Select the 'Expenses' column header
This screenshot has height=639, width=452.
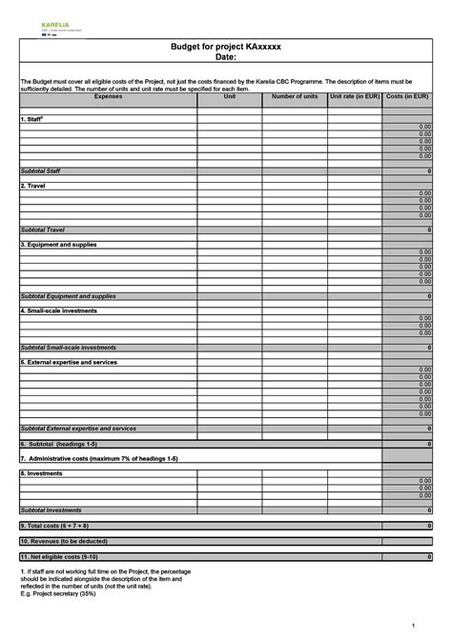108,96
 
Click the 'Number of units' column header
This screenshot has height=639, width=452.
295,96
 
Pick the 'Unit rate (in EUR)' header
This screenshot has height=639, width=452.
355,96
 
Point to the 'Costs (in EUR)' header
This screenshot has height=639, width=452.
408,96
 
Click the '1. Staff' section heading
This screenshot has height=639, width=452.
33,119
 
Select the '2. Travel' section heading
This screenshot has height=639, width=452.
33,186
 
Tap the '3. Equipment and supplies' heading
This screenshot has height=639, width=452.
58,245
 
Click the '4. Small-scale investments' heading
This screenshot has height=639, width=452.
58,310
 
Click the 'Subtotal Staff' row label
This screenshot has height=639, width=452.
40,170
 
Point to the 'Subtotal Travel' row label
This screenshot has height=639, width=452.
41,230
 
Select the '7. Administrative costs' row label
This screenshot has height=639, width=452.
99,458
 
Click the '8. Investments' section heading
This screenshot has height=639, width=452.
42,473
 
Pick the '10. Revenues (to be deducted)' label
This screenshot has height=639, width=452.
63,540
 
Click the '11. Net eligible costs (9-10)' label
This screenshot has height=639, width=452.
59,555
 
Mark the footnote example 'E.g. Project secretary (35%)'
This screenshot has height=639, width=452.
57,592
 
